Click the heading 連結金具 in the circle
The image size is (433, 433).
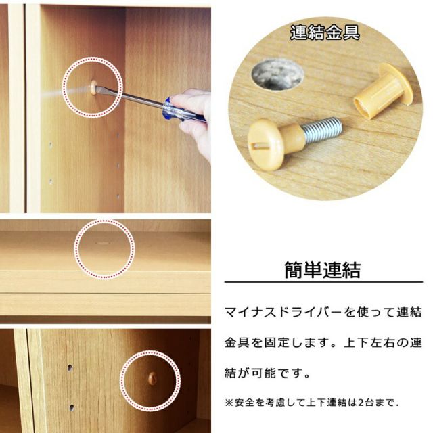pos(324,32)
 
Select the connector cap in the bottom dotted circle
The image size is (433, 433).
pos(152,378)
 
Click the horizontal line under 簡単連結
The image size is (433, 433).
pos(323,283)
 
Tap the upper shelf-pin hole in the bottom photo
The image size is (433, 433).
pos(69,368)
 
